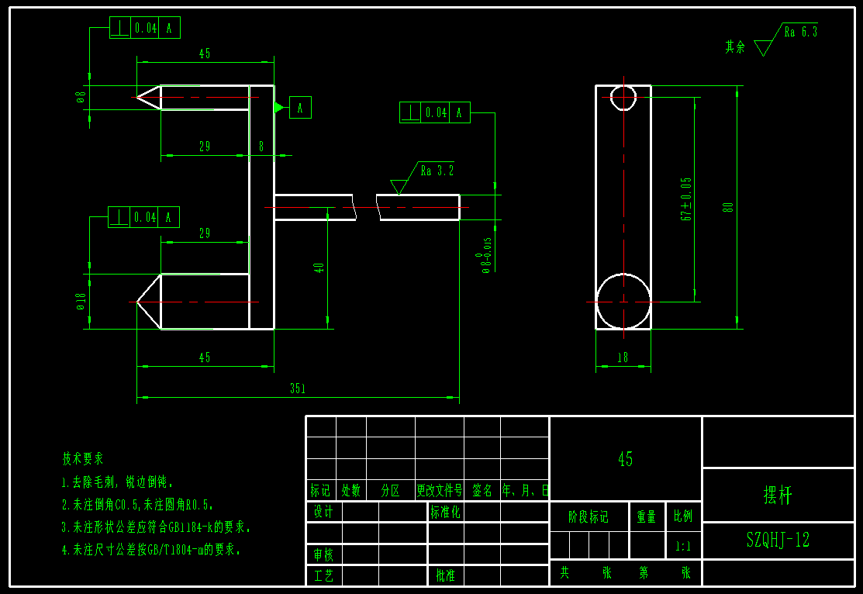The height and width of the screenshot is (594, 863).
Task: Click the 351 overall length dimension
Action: pos(297,389)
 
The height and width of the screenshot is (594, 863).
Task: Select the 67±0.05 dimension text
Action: pos(686,199)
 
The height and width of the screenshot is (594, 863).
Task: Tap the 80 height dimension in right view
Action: pos(727,207)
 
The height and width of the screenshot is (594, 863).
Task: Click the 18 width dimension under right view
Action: pos(623,357)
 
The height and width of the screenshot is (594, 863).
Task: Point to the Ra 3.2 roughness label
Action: pos(437,171)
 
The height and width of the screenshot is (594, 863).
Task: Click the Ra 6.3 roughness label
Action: pos(800,32)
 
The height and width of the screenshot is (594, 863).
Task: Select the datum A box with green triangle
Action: pos(300,108)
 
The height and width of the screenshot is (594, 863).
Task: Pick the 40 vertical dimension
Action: pos(319,268)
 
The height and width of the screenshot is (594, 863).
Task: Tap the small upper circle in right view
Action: pos(623,98)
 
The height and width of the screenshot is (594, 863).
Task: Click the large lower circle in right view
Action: pos(623,301)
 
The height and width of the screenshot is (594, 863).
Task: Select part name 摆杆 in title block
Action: pos(778,496)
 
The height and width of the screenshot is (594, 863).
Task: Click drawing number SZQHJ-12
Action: pos(778,540)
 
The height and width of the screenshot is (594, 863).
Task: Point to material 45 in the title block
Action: pos(625,459)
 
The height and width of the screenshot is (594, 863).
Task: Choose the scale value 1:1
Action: pos(683,546)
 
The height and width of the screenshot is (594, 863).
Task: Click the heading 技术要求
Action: pos(83,458)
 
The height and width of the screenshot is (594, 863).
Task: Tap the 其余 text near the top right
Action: pos(735,47)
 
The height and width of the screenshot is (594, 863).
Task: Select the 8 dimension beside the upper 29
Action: pos(261,146)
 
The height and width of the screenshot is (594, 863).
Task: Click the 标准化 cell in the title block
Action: pos(445,512)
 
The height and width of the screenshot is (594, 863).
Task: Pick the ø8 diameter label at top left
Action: pos(80,97)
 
